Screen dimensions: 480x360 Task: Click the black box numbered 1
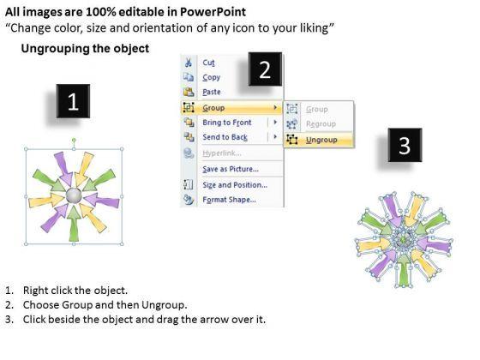pos(73,101)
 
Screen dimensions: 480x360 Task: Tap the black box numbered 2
pos(265,69)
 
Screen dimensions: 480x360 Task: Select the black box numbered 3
pos(405,145)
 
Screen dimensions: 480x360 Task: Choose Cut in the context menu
pos(208,63)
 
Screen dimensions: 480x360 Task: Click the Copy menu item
pos(211,77)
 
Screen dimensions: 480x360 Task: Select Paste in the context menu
pos(211,92)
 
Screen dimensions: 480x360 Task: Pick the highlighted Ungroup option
pos(321,140)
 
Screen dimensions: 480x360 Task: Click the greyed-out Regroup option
pos(321,124)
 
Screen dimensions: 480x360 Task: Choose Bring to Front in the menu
pos(227,123)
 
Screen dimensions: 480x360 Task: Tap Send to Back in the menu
pos(225,137)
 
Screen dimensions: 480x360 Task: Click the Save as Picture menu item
pos(231,169)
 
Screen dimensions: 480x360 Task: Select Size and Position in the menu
pos(235,185)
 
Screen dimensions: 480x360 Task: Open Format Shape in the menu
pos(229,200)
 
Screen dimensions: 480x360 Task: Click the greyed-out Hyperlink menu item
pos(222,153)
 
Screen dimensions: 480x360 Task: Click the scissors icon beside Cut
pos(189,63)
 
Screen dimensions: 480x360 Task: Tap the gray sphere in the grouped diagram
pos(74,195)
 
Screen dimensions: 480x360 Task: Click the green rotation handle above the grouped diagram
pos(74,141)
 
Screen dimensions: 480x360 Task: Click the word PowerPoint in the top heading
pos(213,12)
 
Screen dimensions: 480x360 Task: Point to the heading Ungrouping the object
pos(85,49)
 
